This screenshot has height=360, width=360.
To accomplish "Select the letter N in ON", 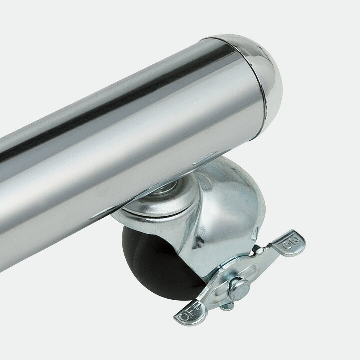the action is [295, 240].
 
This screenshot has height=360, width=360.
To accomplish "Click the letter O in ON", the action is [287, 245].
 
